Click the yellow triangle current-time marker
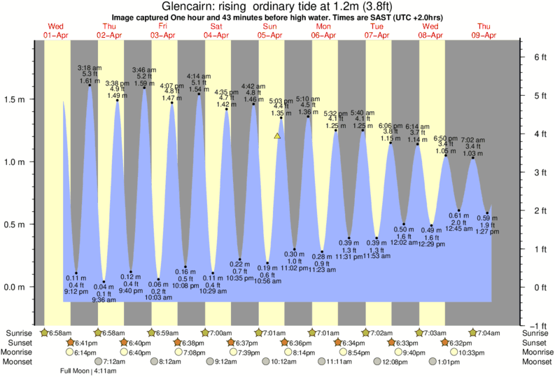(278, 136)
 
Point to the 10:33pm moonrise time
(472, 353)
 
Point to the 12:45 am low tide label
(460, 228)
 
